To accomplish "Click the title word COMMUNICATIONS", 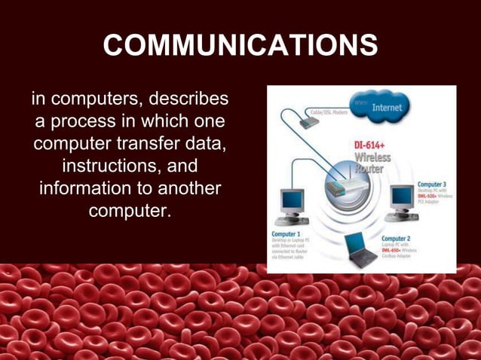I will coord(240,45).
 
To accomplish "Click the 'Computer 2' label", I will coord(399,239).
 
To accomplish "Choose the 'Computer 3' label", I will coord(432,185).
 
